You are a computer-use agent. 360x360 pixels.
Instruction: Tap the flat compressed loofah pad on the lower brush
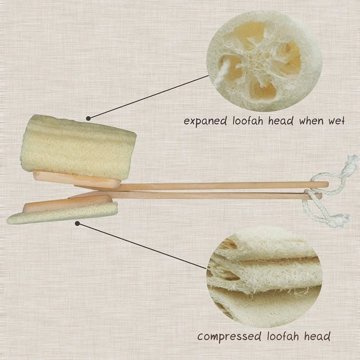coord(60,214)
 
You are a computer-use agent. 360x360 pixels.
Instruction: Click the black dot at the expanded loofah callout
coord(88,118)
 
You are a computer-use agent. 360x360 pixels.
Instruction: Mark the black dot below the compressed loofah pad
coord(78,223)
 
